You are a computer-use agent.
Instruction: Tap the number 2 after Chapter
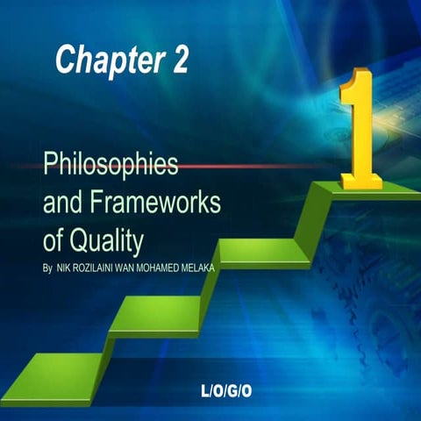point(175,60)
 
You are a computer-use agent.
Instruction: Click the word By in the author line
point(47,264)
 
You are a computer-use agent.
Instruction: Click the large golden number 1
point(359,123)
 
